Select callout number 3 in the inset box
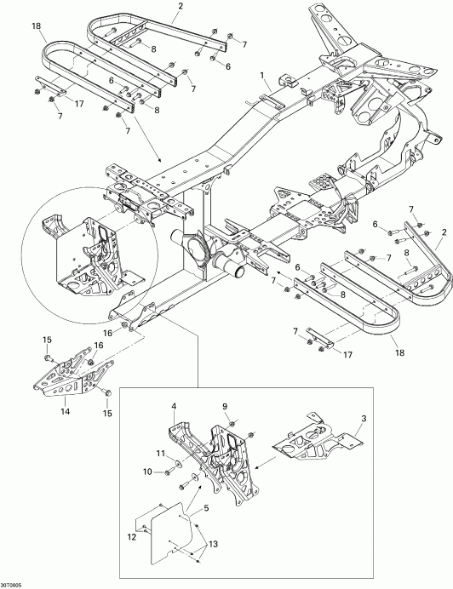(364, 420)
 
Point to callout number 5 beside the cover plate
(206, 511)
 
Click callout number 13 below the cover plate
(214, 544)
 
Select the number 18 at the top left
(37, 27)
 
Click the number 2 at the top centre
(180, 6)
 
